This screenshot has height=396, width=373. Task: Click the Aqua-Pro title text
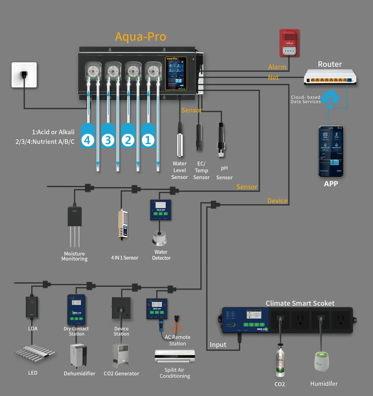pos(141,37)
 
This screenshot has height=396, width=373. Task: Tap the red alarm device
pos(289,43)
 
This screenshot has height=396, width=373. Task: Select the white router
pos(330,77)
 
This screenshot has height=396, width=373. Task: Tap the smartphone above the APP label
pos(331,151)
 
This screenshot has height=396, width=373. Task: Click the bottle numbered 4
pos(88,136)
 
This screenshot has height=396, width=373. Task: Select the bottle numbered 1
pos(148,136)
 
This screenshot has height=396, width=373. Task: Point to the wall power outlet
pos(24,75)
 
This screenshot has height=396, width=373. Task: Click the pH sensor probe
pos(221,140)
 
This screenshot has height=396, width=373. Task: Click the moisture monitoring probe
pos(75,226)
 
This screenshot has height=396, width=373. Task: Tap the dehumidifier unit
pos(78,355)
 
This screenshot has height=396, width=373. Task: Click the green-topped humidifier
pos(322,361)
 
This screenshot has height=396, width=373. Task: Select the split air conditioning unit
pos(175,356)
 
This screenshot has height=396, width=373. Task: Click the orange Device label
pos(277,201)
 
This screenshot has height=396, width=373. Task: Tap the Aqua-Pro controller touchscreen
pos(176,73)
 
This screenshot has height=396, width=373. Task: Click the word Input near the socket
pos(218,345)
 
